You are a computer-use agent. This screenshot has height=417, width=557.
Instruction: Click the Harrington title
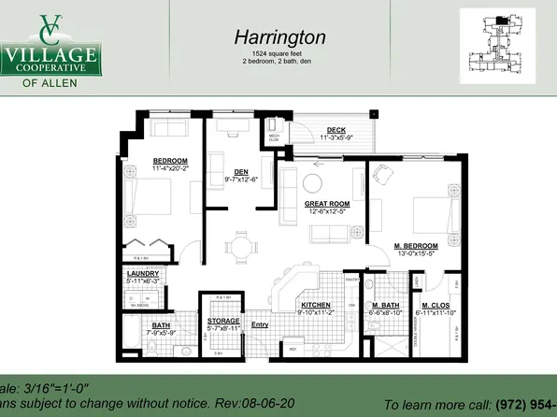[x=279, y=37]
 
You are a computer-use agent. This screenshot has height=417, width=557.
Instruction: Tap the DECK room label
[x=336, y=130]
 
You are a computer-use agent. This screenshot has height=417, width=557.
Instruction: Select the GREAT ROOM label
[x=327, y=203]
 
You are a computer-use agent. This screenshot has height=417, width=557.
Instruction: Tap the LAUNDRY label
[x=144, y=273]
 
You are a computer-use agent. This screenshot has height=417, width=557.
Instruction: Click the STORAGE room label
[x=223, y=322]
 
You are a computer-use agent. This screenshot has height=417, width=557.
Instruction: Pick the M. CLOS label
[x=437, y=307]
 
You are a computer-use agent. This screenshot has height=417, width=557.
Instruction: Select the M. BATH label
[x=386, y=307]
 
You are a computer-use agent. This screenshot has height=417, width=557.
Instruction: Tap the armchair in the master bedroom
[x=382, y=174]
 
